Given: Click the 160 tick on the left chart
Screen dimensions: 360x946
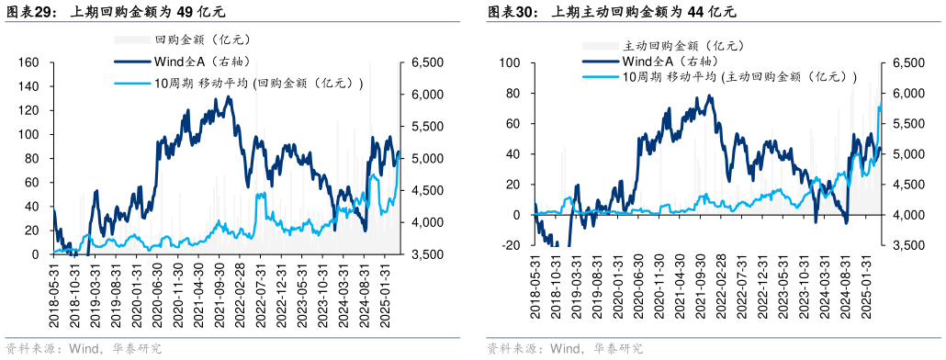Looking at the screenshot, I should click(x=29, y=62).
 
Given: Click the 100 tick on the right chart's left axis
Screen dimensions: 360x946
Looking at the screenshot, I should click(x=510, y=62).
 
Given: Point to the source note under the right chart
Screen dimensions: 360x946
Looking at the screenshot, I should click(x=566, y=349).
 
